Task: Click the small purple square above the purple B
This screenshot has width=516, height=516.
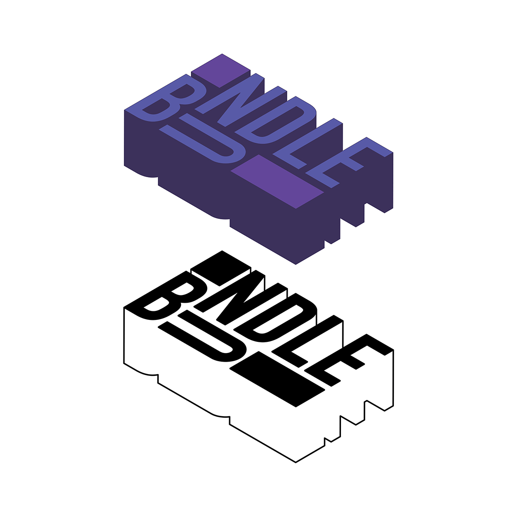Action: pos(221,71)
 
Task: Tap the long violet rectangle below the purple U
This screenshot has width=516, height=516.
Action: pos(277,181)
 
